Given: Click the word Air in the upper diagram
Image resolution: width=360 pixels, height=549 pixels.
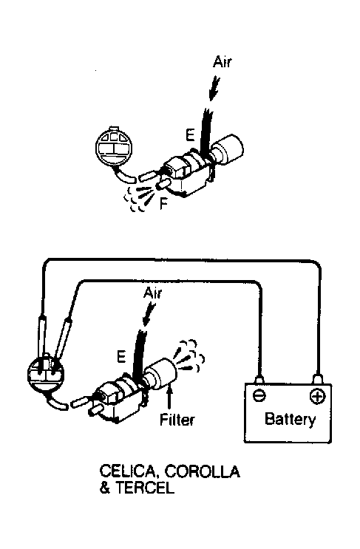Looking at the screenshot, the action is tap(223, 62).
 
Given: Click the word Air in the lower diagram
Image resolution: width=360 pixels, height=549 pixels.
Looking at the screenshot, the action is tap(153, 293).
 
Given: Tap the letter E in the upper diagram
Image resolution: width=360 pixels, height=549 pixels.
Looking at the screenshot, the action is tap(190, 134).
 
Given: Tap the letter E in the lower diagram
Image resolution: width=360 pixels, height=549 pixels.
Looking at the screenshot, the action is tap(120, 356).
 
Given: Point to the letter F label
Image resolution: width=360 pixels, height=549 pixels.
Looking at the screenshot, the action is tap(163, 203).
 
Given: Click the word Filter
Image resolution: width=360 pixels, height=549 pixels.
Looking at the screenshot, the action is tap(177, 420).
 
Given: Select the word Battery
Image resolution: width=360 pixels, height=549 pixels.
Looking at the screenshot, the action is tap(290, 419).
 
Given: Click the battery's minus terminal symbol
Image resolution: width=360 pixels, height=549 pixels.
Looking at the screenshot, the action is tap(259, 395).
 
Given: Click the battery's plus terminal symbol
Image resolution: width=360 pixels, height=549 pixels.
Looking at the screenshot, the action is tap(318, 396).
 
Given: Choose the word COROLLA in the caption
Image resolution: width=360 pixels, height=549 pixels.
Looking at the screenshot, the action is tap(203, 471).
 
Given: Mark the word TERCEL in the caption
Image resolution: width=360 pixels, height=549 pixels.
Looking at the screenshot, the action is tap(145, 488).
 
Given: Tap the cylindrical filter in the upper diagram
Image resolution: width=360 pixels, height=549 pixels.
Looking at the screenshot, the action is tap(227, 149).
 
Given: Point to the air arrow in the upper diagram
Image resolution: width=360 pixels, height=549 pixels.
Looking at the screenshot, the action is tap(214, 88).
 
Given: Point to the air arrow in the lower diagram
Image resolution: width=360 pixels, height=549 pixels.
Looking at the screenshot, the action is tap(149, 313).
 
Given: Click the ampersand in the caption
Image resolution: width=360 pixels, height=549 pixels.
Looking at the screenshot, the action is tap(105, 488).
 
